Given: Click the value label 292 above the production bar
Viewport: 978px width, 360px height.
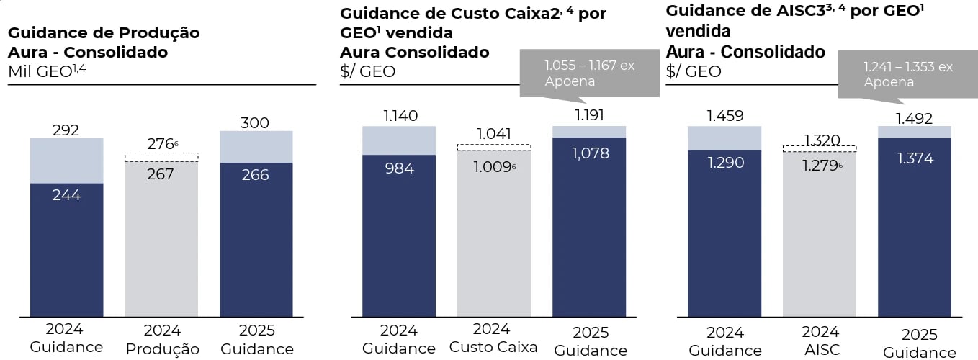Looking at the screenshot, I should click(x=66, y=130).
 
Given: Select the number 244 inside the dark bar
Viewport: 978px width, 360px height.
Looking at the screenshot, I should click(x=66, y=194).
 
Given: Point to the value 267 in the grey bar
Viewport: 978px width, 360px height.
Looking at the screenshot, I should click(x=161, y=174).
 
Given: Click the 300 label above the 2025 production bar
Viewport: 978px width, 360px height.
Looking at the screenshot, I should click(x=256, y=122).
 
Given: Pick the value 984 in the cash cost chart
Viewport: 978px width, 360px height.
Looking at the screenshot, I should click(x=399, y=168).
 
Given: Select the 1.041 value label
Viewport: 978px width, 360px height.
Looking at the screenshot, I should click(x=494, y=133).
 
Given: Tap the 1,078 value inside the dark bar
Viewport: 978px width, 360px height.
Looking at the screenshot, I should click(x=589, y=153).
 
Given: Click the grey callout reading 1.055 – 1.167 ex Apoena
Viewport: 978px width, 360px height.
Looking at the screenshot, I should click(x=589, y=73).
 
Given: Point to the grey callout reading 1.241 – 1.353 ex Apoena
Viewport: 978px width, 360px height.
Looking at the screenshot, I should click(x=908, y=74).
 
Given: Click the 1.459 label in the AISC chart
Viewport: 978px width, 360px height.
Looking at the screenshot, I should click(x=724, y=115).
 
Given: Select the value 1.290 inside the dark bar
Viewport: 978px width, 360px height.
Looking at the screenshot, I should click(x=724, y=163).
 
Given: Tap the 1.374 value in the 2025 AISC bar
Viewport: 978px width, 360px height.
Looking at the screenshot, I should click(x=915, y=158).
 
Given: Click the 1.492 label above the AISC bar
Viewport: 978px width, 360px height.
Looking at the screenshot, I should click(x=915, y=118).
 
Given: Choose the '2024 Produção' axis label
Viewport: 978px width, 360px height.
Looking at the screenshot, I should click(x=162, y=339).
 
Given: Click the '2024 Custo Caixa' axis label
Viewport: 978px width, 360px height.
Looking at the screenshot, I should click(x=493, y=338).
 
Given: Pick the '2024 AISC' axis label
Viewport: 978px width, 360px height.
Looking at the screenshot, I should click(x=821, y=340).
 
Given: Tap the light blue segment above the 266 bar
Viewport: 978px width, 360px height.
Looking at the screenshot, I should click(x=256, y=147).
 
